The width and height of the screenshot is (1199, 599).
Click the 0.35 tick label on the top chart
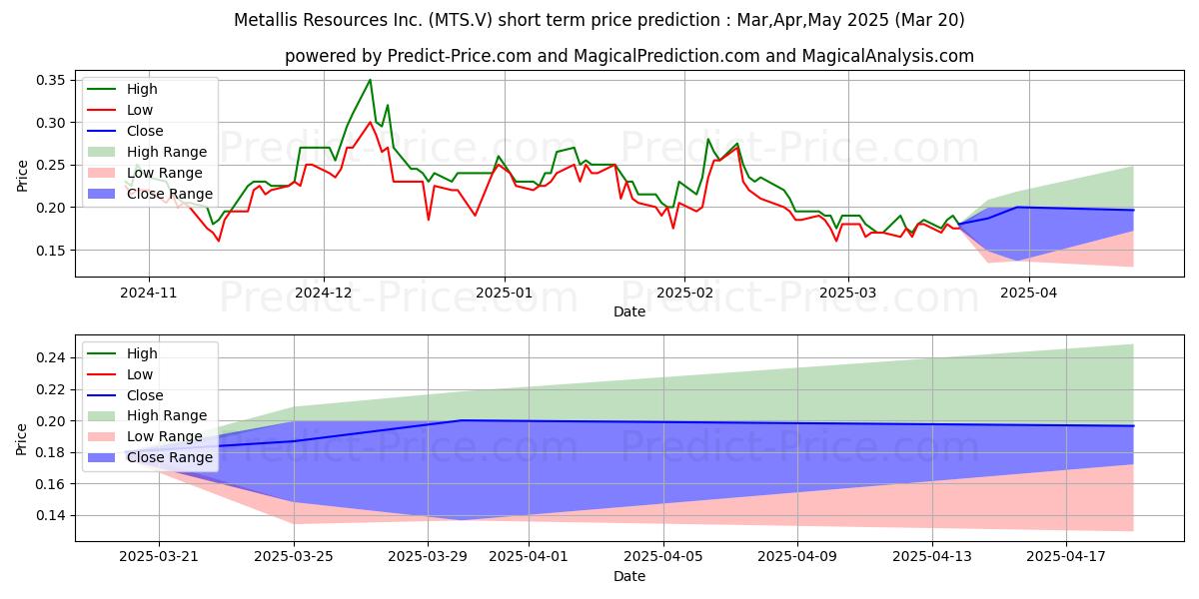coord(50,80)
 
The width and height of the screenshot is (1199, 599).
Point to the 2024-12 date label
coord(324,293)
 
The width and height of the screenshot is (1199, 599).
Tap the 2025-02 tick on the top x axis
coord(684,293)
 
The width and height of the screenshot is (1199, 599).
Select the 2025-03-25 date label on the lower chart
coord(294,556)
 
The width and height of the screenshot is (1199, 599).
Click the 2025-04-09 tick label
coord(797,556)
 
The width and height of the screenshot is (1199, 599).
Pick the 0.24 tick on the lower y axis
coord(50,357)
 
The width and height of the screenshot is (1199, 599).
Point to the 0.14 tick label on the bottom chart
coord(50,515)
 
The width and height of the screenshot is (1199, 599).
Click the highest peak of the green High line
coord(370,80)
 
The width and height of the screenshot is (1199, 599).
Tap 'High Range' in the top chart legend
coord(167,152)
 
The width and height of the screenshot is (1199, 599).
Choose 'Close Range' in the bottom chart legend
coord(170,457)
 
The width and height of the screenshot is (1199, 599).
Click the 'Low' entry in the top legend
coord(140,110)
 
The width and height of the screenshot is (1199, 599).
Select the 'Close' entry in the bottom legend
coord(145,395)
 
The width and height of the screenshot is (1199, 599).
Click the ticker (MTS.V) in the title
coord(460,20)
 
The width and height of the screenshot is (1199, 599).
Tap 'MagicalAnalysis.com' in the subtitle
coord(888,56)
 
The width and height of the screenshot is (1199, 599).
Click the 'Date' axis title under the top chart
coord(629,311)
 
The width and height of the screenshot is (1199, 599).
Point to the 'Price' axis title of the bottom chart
coord(21,439)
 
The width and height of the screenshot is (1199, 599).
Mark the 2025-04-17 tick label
coord(1066,556)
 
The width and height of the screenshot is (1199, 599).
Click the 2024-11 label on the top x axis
coord(148,293)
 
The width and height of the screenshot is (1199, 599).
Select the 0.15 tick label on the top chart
coord(50,251)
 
